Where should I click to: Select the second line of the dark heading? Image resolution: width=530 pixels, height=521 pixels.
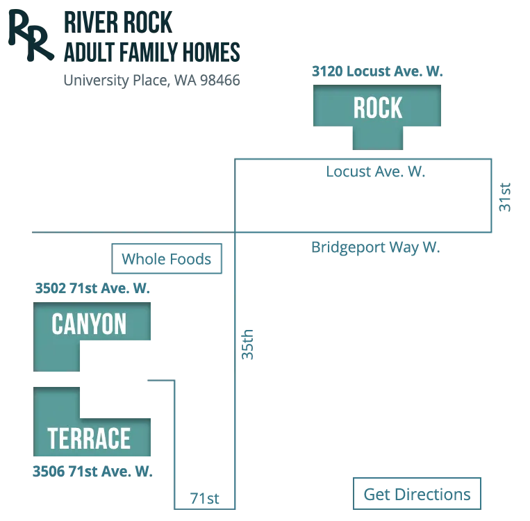click(153, 51)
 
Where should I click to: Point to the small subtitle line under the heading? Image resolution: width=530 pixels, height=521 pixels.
click(152, 81)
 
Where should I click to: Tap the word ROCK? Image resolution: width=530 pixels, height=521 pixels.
click(377, 108)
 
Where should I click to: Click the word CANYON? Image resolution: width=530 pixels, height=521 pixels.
click(89, 324)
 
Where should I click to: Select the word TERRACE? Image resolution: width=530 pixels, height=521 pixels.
click(89, 438)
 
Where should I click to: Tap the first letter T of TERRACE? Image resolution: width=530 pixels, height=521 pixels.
click(53, 438)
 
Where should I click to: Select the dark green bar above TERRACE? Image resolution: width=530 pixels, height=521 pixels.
click(127, 402)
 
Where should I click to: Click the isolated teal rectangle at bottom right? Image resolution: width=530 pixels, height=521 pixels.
click(416, 492)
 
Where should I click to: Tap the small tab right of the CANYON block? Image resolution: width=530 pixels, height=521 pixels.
click(247, 345)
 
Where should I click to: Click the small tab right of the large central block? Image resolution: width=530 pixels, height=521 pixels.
click(505, 197)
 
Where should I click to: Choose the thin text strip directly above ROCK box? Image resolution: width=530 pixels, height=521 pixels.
click(377, 70)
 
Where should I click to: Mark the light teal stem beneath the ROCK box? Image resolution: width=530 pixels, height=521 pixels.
click(379, 139)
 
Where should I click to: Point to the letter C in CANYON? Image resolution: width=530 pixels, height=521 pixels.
click(58, 324)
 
